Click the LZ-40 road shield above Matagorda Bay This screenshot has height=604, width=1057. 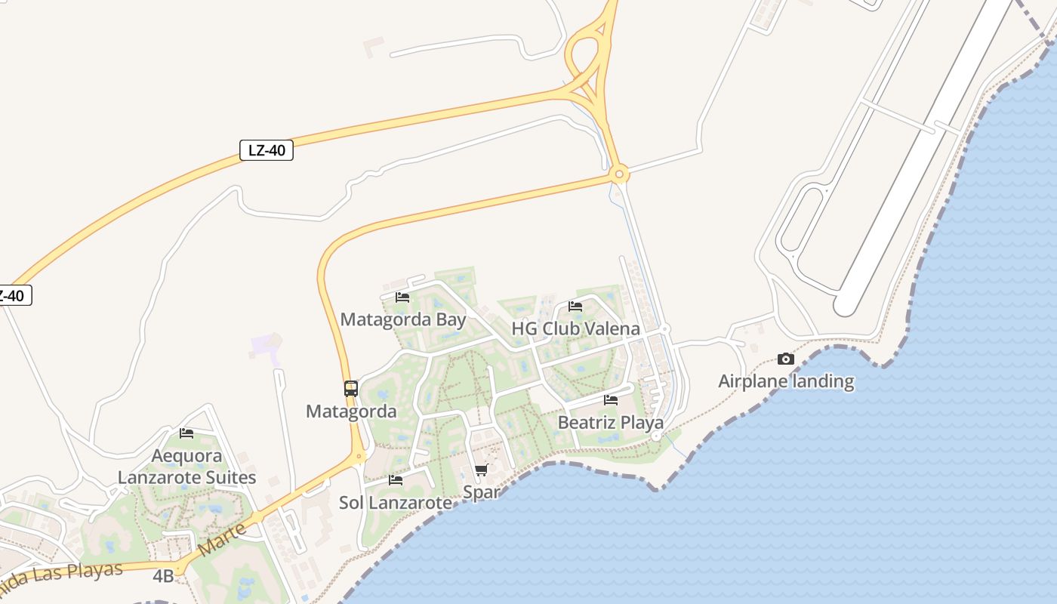click(267, 150)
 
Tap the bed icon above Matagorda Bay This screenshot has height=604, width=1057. click(402, 297)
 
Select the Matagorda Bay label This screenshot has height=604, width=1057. click(403, 319)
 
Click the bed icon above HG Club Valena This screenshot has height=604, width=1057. click(575, 307)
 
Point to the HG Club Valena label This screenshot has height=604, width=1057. click(575, 329)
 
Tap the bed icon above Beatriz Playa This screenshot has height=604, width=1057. click(611, 400)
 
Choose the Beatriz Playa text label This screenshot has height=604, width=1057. click(610, 423)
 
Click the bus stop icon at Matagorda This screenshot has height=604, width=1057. click(351, 389)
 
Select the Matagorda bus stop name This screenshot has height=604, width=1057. click(351, 411)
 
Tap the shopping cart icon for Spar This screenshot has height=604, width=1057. click(482, 470)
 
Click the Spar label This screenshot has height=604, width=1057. click(482, 492)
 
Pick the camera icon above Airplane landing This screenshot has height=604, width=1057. click(786, 359)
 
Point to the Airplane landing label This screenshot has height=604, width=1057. click(786, 381)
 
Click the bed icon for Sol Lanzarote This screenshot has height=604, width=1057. click(396, 480)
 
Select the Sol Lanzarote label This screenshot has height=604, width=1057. click(396, 502)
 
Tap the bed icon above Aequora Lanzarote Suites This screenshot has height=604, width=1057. click(186, 433)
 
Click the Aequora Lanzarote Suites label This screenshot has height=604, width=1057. click(186, 467)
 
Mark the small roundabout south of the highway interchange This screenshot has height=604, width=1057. click(619, 175)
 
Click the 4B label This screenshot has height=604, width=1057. click(163, 577)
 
